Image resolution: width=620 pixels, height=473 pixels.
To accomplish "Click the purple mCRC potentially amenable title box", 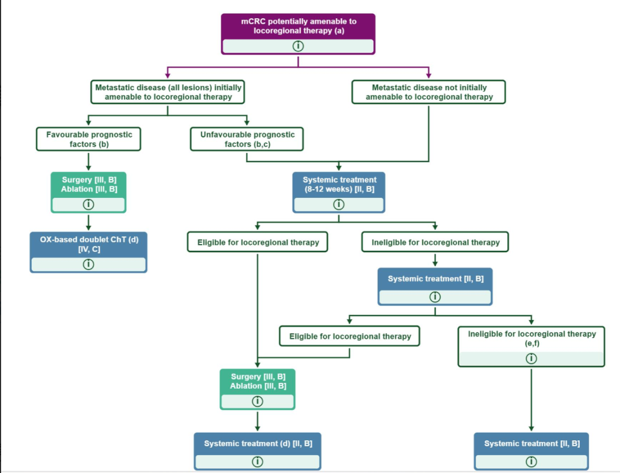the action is point(298,34).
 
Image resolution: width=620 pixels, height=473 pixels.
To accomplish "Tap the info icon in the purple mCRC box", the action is point(298,46).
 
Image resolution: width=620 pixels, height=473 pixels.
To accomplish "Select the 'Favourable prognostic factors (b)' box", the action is point(88,139).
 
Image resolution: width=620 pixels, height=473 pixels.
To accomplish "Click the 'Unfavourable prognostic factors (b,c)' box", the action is point(247,139).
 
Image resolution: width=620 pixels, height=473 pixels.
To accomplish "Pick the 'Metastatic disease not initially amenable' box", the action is point(429,92).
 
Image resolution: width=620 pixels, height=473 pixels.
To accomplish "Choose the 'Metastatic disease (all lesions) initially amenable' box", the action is point(168,92).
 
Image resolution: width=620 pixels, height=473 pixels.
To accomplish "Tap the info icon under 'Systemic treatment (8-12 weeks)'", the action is point(339,204).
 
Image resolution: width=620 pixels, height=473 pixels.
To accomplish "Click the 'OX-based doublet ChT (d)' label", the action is point(90,240).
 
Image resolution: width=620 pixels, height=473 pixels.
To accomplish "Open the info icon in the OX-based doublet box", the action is point(88,264).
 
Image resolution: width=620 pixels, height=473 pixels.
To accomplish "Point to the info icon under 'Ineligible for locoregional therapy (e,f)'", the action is point(532,358).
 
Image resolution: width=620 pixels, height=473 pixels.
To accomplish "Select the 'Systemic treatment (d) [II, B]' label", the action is point(258,443).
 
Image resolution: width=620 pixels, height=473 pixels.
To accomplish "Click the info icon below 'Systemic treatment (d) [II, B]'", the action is point(257,462).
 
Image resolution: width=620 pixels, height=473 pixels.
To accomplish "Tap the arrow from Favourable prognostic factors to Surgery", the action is point(88,161).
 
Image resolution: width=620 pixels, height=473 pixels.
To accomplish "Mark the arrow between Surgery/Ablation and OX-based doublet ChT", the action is point(88,222).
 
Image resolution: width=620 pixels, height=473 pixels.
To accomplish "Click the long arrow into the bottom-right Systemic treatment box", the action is point(532,400).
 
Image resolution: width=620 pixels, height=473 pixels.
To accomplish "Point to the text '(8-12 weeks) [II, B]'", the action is point(339,189).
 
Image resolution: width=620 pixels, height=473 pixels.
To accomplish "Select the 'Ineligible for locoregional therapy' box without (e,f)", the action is point(435,242).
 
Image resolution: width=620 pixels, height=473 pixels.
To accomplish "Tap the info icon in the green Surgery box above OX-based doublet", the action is point(88,204).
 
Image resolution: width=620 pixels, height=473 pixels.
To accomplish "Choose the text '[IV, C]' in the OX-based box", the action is point(90,249).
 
